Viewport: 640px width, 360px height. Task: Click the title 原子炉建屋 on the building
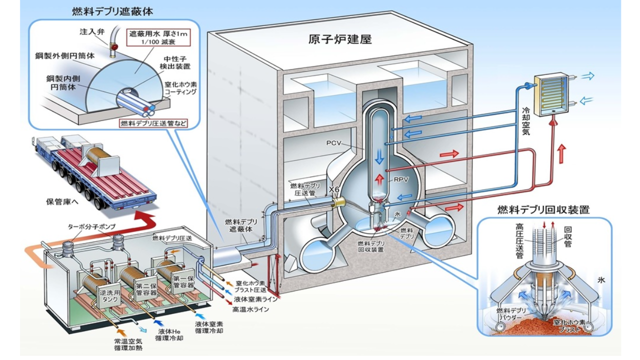(340, 39)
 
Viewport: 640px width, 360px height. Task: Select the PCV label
(333, 143)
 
